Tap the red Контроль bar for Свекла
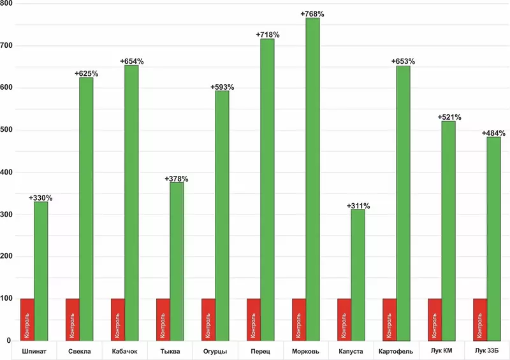point(73,319)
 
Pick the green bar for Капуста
point(358,274)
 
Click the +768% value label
point(312,13)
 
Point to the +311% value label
point(358,206)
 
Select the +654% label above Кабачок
point(132,61)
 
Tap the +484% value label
point(493,133)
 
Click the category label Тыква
point(170,352)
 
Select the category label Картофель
point(396,352)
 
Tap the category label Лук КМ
point(441,352)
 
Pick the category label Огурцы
point(215,352)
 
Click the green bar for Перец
point(267,191)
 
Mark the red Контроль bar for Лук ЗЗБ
point(480,319)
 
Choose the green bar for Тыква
point(177,261)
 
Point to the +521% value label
point(449,117)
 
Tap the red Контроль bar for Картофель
point(390,319)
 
